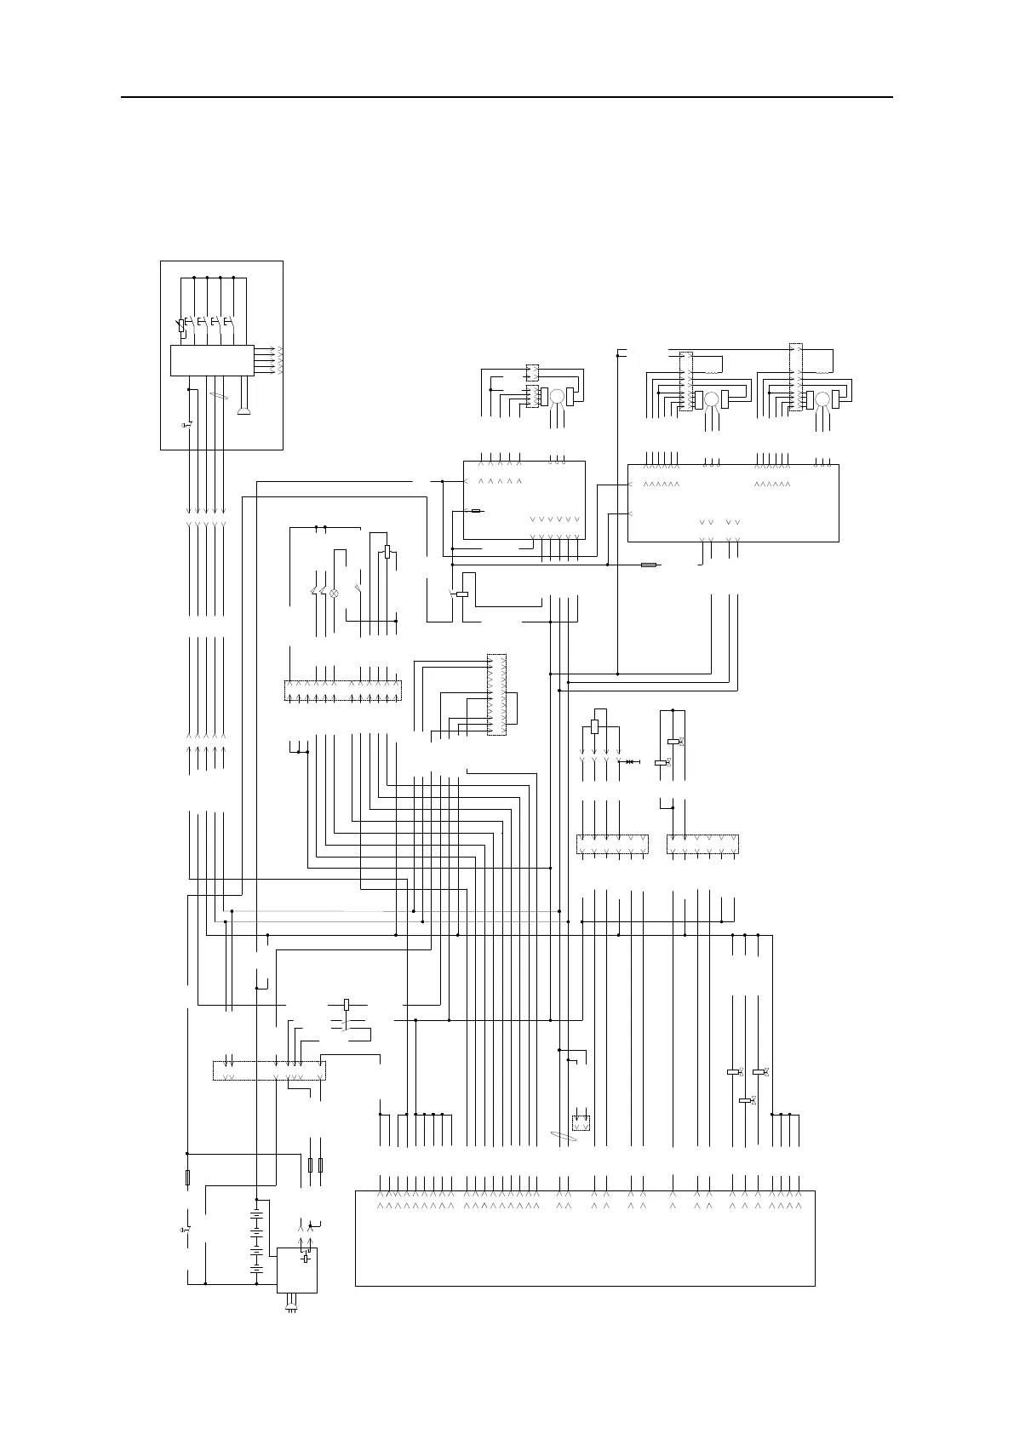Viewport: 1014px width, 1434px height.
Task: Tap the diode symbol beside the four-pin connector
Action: (x=631, y=760)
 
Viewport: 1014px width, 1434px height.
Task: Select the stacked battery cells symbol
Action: (x=256, y=1243)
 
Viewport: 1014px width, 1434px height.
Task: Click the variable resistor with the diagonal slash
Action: (x=182, y=326)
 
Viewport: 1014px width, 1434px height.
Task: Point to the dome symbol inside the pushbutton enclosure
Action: (x=244, y=412)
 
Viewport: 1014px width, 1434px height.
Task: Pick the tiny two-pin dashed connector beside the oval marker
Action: (x=581, y=1122)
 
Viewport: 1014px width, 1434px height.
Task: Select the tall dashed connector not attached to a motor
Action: (x=496, y=694)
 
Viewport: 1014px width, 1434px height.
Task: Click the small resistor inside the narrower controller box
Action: (x=477, y=511)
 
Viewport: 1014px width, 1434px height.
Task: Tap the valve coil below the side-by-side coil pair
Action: (x=746, y=1100)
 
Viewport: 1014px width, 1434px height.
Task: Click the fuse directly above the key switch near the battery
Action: (x=187, y=1178)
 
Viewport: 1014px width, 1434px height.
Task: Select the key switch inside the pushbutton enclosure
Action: (x=188, y=423)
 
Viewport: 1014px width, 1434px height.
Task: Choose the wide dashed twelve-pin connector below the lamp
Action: (x=341, y=691)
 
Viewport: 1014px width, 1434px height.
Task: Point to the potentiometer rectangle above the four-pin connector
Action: (x=594, y=726)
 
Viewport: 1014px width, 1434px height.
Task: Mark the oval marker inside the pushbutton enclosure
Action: (x=219, y=396)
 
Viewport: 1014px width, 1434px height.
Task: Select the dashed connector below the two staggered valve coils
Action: (x=702, y=844)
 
